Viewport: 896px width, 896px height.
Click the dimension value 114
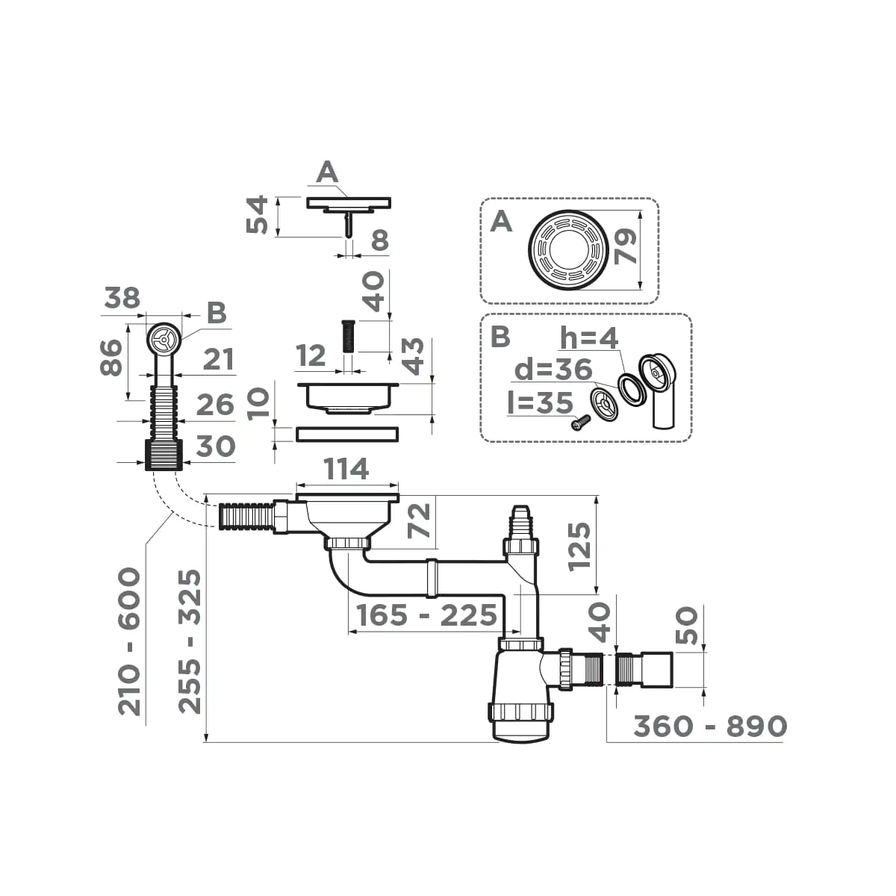tap(347, 470)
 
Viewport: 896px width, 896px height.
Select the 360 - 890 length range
tap(709, 726)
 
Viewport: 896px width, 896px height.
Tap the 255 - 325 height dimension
tap(193, 641)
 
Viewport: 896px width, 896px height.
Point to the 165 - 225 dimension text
tap(426, 616)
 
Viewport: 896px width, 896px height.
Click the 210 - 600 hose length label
tap(130, 641)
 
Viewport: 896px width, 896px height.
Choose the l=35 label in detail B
tap(538, 402)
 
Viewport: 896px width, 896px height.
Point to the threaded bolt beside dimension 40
tap(349, 336)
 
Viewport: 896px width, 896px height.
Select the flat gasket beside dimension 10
tap(348, 433)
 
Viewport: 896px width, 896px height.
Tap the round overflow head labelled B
tap(161, 340)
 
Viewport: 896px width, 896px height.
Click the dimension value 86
tap(112, 358)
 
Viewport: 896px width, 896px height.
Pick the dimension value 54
tap(257, 215)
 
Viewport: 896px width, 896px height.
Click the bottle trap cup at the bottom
tap(522, 717)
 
